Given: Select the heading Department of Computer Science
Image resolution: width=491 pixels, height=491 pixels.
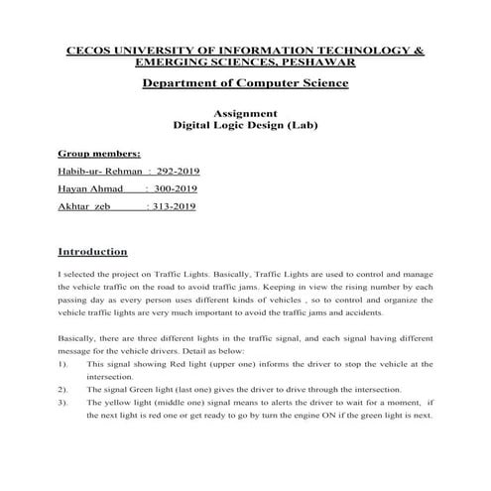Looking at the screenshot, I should click(x=245, y=82).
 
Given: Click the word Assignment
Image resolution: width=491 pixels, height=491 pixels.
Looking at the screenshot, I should click(x=245, y=114).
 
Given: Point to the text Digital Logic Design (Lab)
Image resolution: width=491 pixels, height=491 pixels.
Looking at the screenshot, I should click(x=245, y=128).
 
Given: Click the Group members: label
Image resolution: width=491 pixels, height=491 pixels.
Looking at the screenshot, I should click(x=99, y=154).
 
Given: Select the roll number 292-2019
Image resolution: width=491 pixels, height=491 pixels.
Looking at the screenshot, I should click(x=171, y=171).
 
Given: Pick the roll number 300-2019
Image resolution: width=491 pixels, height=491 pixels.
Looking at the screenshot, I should click(x=171, y=187).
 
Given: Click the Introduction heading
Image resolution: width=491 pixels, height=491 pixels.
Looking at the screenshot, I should click(x=93, y=251).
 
